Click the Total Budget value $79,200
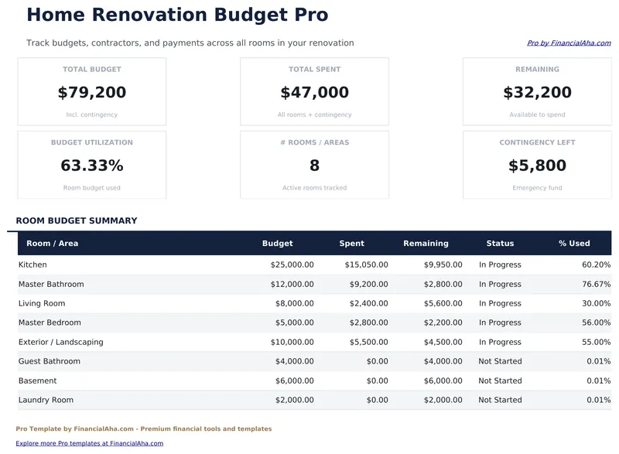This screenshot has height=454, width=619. [92, 93]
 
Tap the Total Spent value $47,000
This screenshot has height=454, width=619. [314, 93]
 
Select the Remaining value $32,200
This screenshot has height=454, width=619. [537, 93]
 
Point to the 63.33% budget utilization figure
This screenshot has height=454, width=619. [92, 166]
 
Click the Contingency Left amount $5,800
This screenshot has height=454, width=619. [537, 166]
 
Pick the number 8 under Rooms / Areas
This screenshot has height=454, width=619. [314, 166]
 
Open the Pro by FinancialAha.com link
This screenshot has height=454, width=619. [569, 43]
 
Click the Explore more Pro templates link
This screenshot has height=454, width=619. [90, 443]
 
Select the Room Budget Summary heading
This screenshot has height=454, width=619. [77, 220]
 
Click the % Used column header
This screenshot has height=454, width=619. [574, 243]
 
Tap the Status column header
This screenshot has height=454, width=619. [500, 243]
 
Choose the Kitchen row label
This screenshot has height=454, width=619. [32, 265]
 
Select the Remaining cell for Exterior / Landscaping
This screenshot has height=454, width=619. [443, 342]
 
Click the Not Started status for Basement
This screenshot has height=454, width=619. [500, 381]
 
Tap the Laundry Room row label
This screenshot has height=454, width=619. [46, 400]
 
